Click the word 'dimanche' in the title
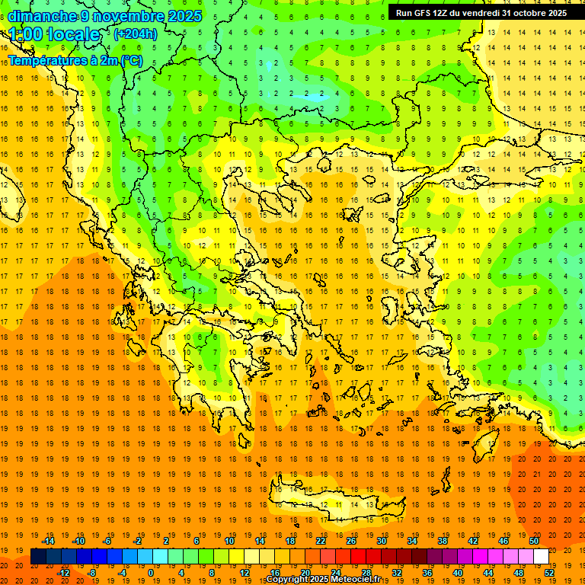tap(42, 16)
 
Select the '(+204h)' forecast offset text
tap(136, 34)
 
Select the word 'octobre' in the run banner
tap(531, 13)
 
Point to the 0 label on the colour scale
tap(151, 573)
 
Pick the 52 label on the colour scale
tap(549, 573)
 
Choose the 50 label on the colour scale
tap(534, 540)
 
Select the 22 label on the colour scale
tap(321, 540)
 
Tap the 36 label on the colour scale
tap(427, 573)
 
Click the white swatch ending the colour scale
tap(541, 557)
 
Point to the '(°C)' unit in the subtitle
tap(130, 60)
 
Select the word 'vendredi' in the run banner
tap(479, 13)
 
